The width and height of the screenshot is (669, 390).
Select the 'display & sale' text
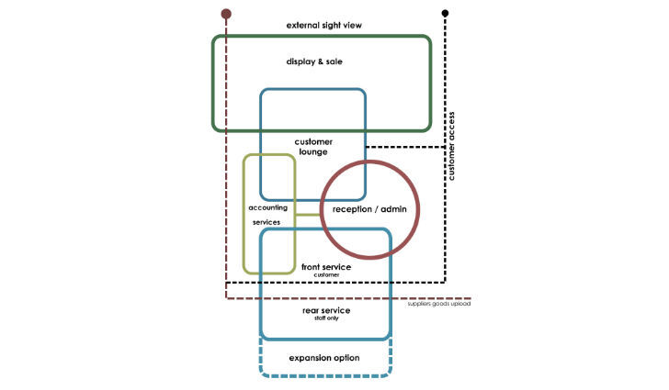click(x=321, y=61)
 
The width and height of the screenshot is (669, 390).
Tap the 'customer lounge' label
click(x=313, y=147)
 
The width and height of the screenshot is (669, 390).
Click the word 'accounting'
click(x=268, y=208)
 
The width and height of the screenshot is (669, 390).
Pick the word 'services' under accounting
click(x=268, y=222)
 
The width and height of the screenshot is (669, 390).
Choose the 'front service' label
click(x=326, y=267)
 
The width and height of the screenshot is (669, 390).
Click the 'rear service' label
click(x=326, y=311)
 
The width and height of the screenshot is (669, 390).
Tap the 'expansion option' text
click(x=324, y=357)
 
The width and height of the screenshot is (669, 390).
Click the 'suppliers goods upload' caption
click(x=439, y=304)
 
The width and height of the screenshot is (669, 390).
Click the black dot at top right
click(x=446, y=13)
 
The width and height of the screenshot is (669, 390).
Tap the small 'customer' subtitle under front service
click(x=326, y=274)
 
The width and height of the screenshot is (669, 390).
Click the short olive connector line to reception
click(x=308, y=213)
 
